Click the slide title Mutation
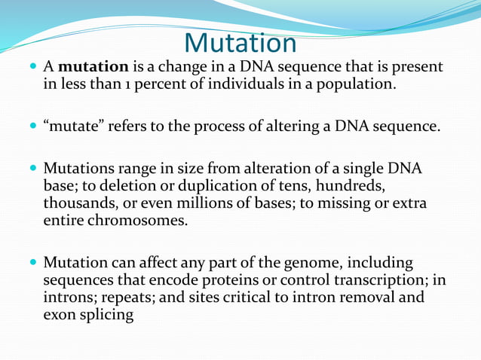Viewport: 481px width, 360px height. [x=240, y=42]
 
